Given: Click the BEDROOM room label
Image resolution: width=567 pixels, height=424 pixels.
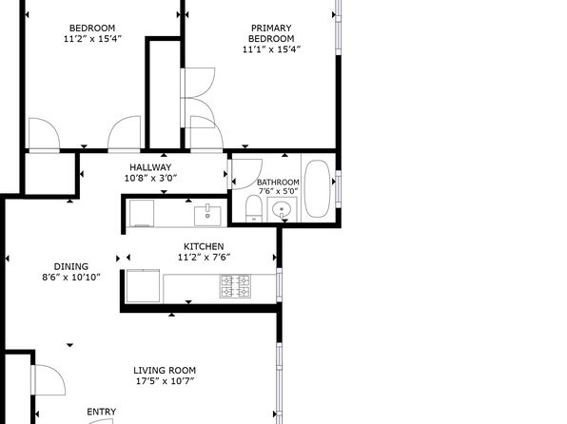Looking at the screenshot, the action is click(92, 29).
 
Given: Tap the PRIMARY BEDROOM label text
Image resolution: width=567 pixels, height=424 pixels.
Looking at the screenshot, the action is click(271, 33).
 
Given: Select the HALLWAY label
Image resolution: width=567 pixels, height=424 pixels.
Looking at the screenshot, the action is click(150, 167).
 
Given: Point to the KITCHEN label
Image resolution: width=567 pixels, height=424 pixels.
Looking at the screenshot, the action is click(204, 246).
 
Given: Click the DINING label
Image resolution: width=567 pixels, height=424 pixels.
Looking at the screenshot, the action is click(70, 267).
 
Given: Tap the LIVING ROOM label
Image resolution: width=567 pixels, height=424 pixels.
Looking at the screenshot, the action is click(165, 371).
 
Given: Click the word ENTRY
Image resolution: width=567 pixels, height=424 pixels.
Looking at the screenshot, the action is click(102, 412).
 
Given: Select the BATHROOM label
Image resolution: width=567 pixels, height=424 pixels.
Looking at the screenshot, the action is click(278, 183).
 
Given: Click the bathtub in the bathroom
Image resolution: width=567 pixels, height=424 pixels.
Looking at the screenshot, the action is click(317, 188).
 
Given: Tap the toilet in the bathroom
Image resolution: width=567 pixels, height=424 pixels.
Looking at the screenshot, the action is click(253, 208).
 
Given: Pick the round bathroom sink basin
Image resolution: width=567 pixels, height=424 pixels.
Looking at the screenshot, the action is click(282, 208).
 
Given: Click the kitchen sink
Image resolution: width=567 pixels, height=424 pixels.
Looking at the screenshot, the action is click(207, 216).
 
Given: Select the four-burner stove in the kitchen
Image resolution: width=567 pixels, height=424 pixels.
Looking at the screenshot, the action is click(235, 286).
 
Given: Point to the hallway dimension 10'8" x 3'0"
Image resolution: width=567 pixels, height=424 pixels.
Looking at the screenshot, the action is click(151, 178).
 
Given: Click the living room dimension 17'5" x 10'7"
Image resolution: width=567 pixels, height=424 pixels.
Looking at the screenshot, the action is click(165, 381).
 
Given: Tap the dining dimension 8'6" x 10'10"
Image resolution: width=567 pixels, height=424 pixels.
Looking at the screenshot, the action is click(70, 278).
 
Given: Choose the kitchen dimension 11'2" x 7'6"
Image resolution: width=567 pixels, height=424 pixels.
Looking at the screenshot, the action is click(204, 257).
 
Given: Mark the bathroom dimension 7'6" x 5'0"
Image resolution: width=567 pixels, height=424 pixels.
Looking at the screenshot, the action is click(278, 191).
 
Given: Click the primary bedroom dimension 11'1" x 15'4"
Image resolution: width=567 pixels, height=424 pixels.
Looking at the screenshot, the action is click(271, 49).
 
